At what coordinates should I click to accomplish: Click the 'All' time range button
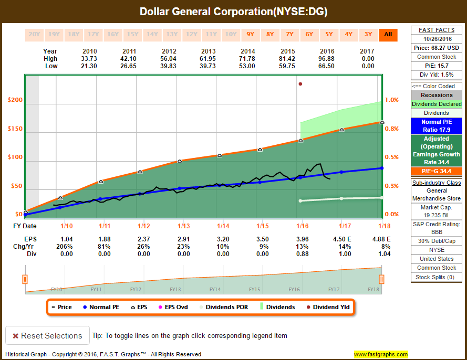pyautogui.click(x=388, y=35)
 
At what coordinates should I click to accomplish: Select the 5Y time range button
pyautogui.click(x=329, y=35)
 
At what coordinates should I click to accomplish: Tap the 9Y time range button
pyautogui.click(x=250, y=35)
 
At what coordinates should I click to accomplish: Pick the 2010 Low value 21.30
pyautogui.click(x=90, y=66)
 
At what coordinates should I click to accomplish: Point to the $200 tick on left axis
pyautogui.click(x=15, y=100)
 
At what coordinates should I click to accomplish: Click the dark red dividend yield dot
pyautogui.click(x=300, y=84)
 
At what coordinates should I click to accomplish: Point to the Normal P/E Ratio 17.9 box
pyautogui.click(x=436, y=126)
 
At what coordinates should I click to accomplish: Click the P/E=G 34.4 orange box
pyautogui.click(x=436, y=171)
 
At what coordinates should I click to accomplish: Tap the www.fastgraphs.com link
pyautogui.click(x=381, y=354)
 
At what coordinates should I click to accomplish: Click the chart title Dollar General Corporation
pyautogui.click(x=233, y=12)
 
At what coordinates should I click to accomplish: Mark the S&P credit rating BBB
pyautogui.click(x=436, y=231)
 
